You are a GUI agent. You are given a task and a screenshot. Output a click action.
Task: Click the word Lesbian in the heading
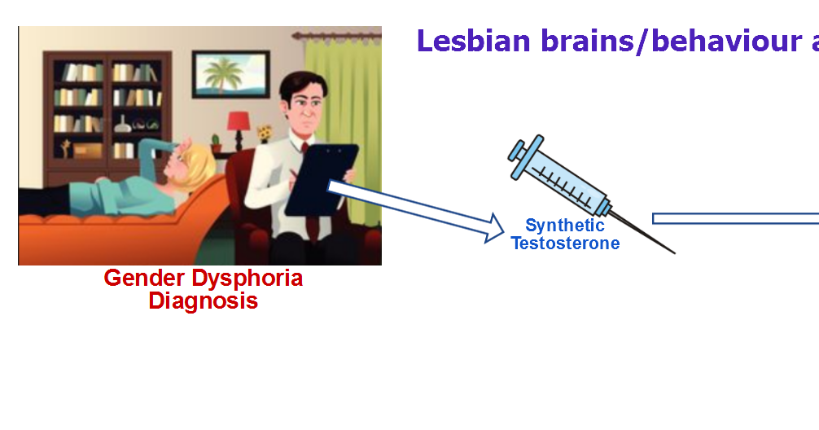[x=474, y=41]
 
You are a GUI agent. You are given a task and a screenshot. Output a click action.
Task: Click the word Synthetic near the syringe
[x=565, y=226]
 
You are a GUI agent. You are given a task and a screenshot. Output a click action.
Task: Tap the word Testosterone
[x=565, y=243]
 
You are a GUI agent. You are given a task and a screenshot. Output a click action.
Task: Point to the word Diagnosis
[x=204, y=301]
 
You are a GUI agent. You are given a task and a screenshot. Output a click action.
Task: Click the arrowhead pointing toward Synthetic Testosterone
[x=494, y=228]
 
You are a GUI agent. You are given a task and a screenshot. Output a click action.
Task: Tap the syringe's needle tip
[x=674, y=253]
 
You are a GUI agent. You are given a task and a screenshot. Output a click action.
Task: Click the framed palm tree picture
[x=231, y=74]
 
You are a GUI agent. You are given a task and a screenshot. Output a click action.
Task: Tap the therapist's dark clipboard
[x=322, y=179]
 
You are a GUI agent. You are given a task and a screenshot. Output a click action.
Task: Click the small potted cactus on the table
[x=216, y=143]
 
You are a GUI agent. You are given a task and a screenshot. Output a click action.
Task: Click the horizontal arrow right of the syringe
[x=735, y=218]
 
